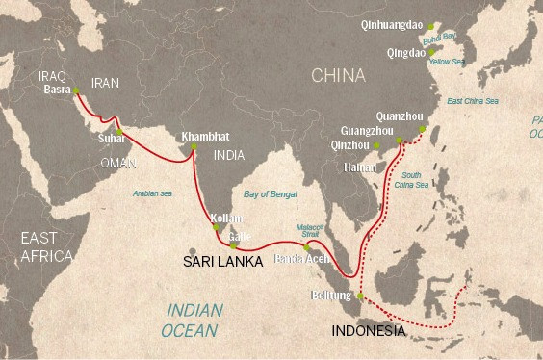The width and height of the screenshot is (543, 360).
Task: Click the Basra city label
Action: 59,90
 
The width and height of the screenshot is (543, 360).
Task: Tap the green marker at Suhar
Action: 119,132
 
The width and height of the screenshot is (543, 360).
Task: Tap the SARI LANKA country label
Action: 223,260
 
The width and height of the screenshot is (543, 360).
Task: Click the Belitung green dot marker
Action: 360,296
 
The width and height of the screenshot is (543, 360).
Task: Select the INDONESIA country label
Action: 368,330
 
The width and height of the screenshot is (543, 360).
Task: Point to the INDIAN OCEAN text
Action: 194,320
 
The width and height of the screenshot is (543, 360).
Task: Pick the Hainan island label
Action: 358,167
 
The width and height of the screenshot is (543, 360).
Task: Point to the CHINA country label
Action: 337,75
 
